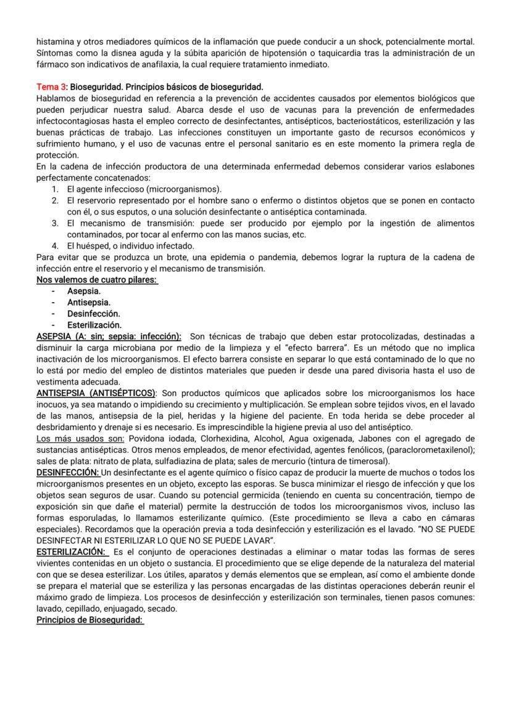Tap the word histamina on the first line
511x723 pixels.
click(57, 42)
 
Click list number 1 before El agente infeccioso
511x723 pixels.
click(55, 189)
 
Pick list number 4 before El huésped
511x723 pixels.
click(55, 245)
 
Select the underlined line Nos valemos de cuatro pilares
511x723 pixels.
click(97, 280)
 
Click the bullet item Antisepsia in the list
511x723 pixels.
click(89, 302)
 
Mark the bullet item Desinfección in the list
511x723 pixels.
click(93, 313)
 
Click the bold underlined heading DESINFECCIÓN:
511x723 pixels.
click(68, 472)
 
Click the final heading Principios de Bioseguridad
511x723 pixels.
click(90, 619)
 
